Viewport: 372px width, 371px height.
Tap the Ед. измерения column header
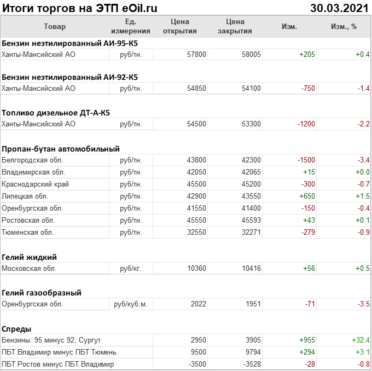click(x=130, y=26)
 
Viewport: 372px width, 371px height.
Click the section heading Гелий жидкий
click(x=30, y=257)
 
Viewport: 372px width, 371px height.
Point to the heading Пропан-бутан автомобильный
click(x=61, y=149)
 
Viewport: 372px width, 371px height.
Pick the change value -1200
click(x=306, y=124)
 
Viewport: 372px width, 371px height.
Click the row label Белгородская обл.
click(x=32, y=160)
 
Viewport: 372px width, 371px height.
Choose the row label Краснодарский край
click(x=36, y=184)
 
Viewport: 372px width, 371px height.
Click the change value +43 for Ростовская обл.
click(x=309, y=221)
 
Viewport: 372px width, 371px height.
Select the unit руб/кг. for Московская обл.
click(x=131, y=269)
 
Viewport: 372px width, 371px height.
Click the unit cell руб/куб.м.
click(x=130, y=304)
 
